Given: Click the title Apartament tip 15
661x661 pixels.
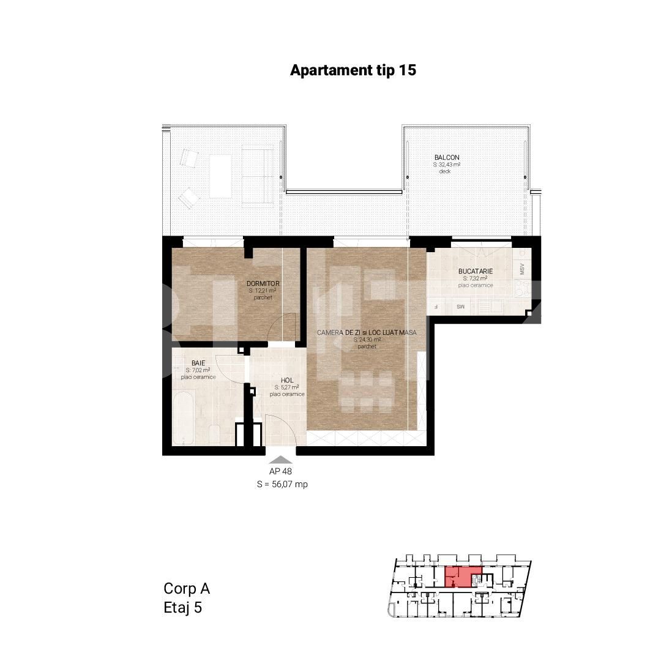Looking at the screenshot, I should point(353,70).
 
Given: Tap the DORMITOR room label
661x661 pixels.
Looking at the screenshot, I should point(263,283).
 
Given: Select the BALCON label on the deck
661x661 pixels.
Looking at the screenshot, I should point(447,158).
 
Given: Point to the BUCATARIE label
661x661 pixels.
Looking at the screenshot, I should point(475,271).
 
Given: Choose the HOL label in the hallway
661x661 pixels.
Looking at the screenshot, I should point(286,380).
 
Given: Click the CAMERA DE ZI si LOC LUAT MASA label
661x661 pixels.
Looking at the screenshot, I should point(367,332).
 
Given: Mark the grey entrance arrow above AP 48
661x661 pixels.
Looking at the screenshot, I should point(281,460).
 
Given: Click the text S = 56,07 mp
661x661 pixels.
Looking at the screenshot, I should point(282,484).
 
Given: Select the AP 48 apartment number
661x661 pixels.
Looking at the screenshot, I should point(281,472).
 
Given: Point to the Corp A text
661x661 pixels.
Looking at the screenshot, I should point(187,589).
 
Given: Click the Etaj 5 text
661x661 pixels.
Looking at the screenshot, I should point(182,608).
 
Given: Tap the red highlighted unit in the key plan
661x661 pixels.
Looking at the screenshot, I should point(462,576).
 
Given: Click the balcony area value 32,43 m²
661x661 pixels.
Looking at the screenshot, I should point(447,165).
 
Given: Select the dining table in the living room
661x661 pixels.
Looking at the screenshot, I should point(366,392).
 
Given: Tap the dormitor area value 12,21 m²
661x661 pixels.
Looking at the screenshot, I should point(263,291).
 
